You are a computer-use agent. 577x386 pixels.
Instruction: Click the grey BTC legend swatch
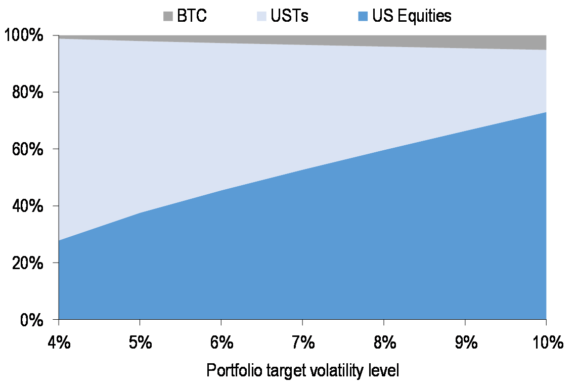point(168,16)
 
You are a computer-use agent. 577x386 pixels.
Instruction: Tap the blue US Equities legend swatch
point(363,16)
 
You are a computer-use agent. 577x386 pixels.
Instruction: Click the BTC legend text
point(192,16)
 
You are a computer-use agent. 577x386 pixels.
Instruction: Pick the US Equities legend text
point(412,16)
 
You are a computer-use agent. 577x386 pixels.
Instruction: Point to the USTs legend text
point(290,16)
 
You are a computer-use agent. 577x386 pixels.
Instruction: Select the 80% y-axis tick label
point(30,93)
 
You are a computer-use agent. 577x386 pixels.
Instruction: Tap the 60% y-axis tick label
point(30,150)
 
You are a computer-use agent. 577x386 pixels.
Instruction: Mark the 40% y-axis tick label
point(30,206)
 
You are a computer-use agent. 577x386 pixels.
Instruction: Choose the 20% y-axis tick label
point(30,264)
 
